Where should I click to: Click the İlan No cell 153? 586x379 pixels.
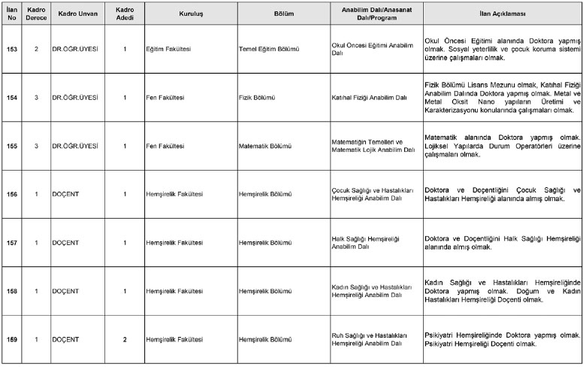[x=11, y=49]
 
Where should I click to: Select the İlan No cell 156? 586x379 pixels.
[x=11, y=194]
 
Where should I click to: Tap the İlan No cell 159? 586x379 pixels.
[x=11, y=339]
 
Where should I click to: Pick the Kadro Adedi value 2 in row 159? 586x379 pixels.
[x=125, y=339]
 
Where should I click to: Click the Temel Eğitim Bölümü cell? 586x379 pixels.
[x=268, y=49]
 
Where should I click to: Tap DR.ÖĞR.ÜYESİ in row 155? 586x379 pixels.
[x=74, y=146]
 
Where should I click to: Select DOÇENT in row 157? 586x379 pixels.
[x=65, y=243]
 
